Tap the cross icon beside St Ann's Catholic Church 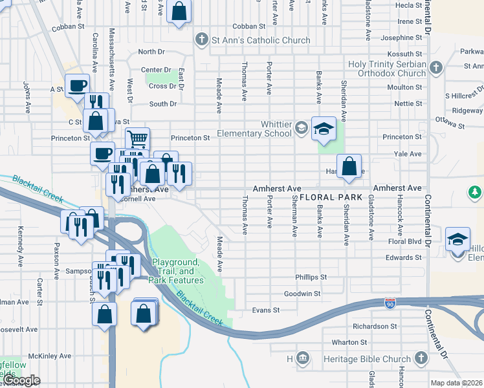[201, 40]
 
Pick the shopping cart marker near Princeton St [137, 138]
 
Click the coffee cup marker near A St [77, 85]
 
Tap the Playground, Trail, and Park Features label [176, 271]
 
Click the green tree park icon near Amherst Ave [475, 192]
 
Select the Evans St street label [266, 310]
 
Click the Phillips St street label [311, 277]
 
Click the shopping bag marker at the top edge [179, 11]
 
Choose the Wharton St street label [349, 342]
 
